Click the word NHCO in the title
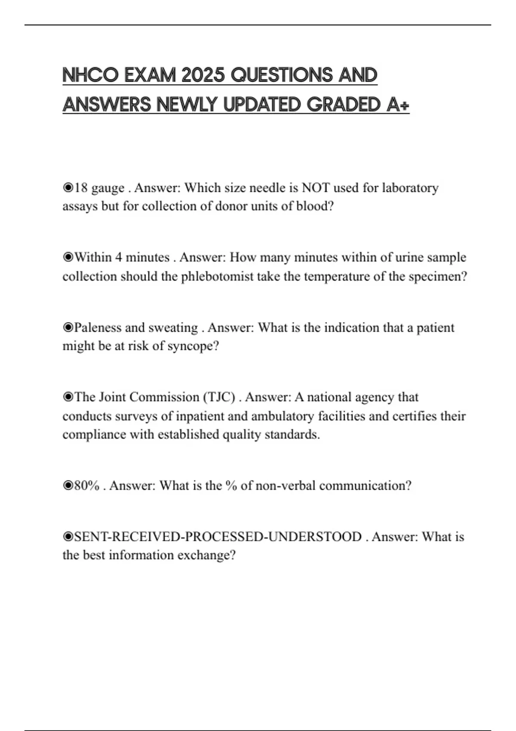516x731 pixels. pyautogui.click(x=90, y=75)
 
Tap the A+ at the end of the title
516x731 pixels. pyautogui.click(x=398, y=104)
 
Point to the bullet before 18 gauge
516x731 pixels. pyautogui.click(x=68, y=188)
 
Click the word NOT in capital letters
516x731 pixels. pyautogui.click(x=316, y=188)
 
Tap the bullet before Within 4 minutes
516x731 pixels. pyautogui.click(x=68, y=258)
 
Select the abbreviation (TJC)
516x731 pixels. pyautogui.click(x=219, y=397)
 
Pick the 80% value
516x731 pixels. pyautogui.click(x=87, y=486)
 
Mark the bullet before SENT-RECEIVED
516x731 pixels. pyautogui.click(x=68, y=537)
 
